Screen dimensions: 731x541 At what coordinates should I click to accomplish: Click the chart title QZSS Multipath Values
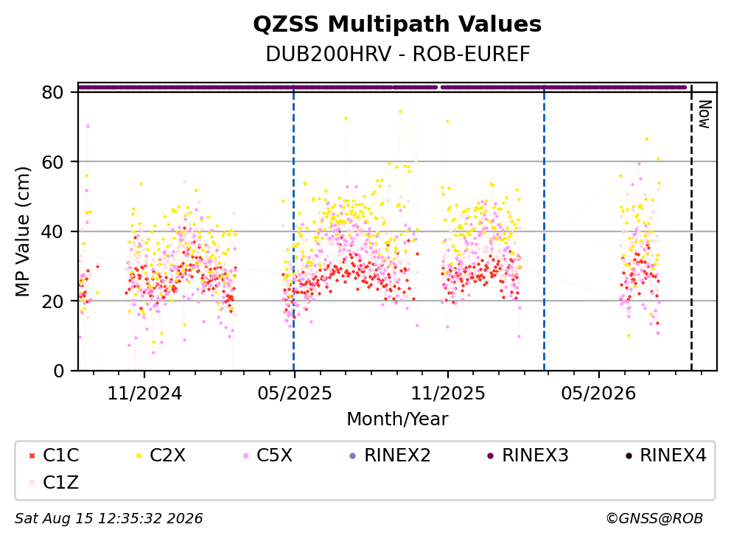click(397, 24)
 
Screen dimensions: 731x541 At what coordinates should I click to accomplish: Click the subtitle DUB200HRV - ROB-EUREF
click(398, 55)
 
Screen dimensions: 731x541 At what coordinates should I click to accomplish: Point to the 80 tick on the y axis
click(52, 92)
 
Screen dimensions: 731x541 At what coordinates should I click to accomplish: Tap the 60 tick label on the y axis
click(52, 162)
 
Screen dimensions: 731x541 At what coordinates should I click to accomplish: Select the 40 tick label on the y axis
click(52, 231)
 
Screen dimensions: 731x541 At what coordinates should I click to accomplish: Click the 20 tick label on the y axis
click(52, 301)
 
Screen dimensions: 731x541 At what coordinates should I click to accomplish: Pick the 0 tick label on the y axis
click(58, 371)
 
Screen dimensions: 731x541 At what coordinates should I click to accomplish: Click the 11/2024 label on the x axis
click(144, 394)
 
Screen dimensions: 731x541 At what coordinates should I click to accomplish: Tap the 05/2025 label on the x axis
click(295, 394)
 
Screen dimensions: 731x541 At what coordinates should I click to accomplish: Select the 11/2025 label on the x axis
click(448, 394)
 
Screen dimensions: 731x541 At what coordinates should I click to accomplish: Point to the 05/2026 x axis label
click(598, 394)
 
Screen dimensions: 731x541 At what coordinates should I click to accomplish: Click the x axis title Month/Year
click(397, 419)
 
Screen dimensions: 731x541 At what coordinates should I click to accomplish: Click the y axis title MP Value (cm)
click(22, 231)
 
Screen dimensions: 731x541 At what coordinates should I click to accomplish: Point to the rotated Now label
click(705, 114)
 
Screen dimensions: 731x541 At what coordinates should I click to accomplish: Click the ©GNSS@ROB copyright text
click(654, 519)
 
